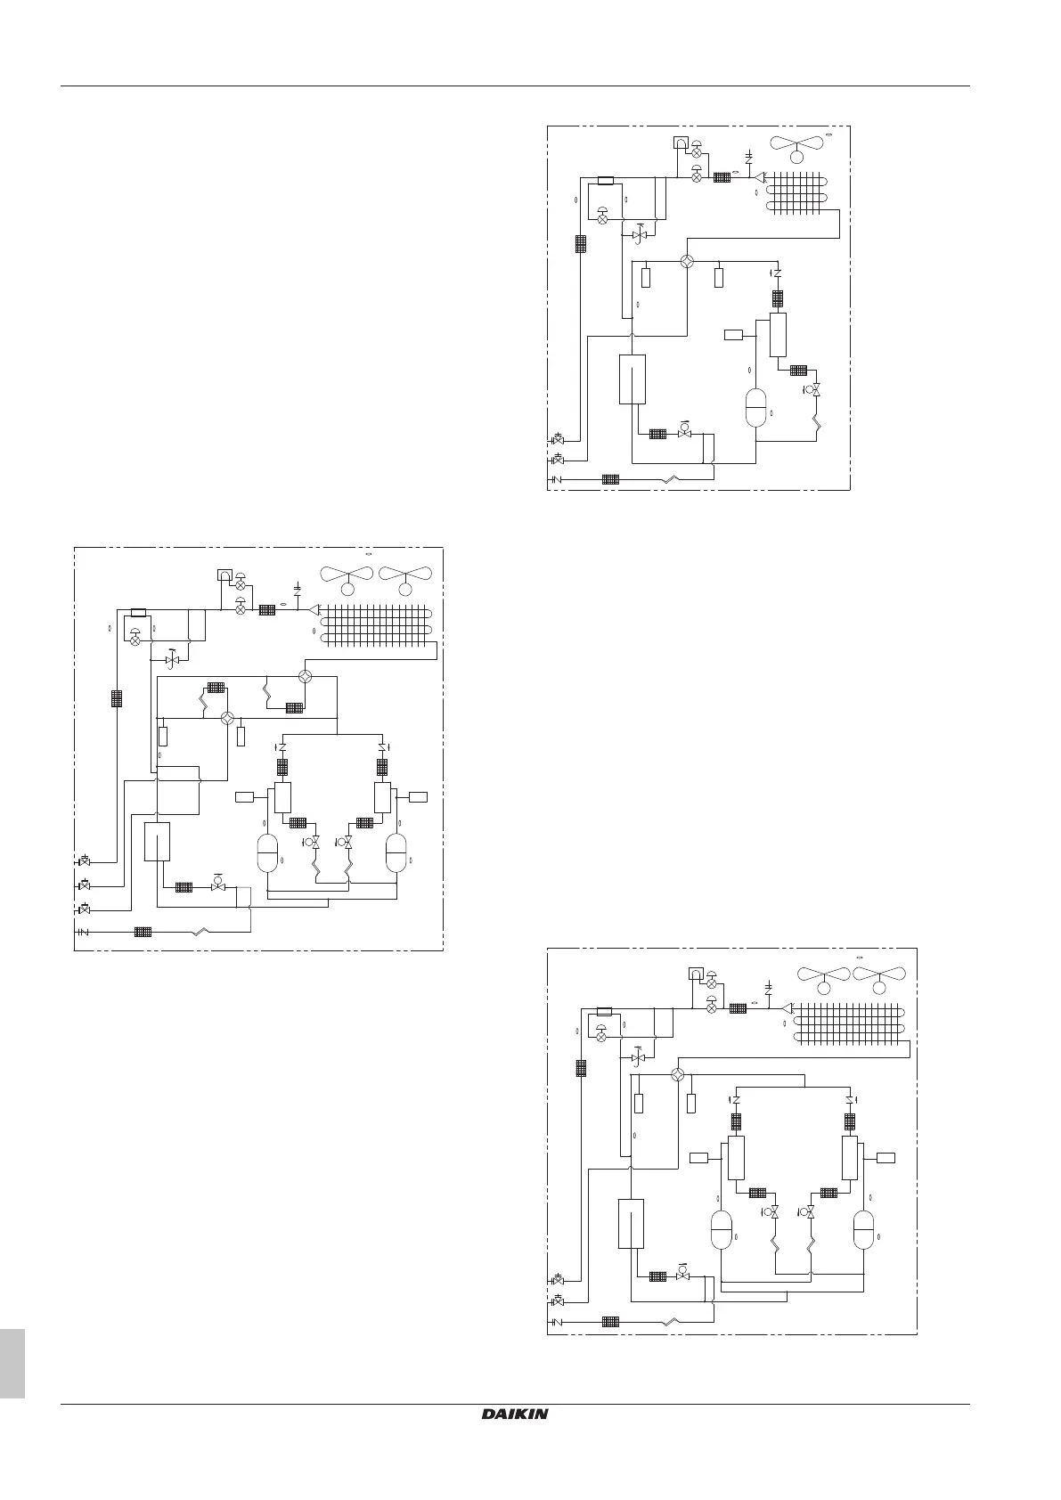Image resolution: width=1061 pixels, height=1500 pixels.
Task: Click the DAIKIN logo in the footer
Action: click(515, 1439)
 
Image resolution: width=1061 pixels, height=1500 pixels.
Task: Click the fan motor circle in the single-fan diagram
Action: click(796, 157)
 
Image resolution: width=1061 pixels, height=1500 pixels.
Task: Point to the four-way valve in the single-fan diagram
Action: click(687, 262)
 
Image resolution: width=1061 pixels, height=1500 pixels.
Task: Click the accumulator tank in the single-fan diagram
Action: click(632, 379)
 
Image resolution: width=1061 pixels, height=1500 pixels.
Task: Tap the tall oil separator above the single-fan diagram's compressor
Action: click(779, 335)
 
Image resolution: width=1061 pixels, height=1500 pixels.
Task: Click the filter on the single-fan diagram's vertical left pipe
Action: click(580, 243)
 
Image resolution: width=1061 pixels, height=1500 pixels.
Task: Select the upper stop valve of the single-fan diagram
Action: click(558, 439)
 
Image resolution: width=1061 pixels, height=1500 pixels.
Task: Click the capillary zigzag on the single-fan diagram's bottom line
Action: click(674, 479)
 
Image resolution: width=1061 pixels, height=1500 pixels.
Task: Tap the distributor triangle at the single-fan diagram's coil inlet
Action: click(760, 177)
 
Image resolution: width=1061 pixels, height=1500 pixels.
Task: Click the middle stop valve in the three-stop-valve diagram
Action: click(84, 885)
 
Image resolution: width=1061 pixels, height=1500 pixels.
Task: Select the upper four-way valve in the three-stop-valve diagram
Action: click(306, 676)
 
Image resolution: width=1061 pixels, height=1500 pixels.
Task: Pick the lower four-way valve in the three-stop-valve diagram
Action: click(227, 717)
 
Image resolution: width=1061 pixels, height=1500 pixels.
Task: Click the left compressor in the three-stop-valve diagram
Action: click(268, 853)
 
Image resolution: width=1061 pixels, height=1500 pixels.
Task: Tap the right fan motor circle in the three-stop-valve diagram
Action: click(405, 589)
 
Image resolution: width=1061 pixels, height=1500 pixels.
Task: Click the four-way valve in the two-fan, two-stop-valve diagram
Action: click(677, 1075)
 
